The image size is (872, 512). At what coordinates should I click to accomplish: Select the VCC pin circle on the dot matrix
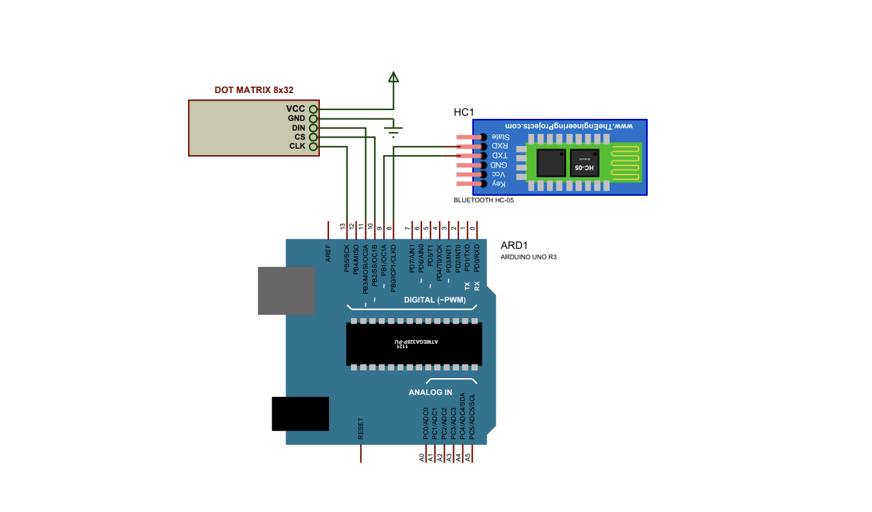[x=314, y=109]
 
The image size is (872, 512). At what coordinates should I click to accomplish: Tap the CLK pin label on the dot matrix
[x=297, y=146]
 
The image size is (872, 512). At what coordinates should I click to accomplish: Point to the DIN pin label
[x=297, y=128]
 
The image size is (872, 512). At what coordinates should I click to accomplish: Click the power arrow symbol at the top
[x=393, y=77]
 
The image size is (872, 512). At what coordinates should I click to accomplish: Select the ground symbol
[x=393, y=132]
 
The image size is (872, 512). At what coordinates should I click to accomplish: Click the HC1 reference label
[x=463, y=112]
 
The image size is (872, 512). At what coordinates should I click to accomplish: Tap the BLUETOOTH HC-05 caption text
[x=484, y=200]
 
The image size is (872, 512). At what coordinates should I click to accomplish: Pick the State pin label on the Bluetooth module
[x=500, y=137]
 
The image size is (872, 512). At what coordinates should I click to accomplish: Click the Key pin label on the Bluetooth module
[x=498, y=184]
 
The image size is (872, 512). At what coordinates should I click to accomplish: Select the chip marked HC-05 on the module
[x=584, y=163]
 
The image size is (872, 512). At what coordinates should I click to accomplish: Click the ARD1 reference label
[x=514, y=246]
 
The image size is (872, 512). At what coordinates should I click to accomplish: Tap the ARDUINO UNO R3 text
[x=528, y=257]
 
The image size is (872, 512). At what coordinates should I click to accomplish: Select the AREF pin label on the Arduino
[x=328, y=253]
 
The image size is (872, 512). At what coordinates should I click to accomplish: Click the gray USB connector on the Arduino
[x=286, y=290]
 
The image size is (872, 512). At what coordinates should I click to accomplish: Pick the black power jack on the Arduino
[x=300, y=414]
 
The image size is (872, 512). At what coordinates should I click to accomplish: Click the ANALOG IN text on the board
[x=430, y=392]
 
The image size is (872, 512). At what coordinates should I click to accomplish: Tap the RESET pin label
[x=361, y=429]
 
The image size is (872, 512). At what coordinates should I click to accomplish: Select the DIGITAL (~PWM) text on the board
[x=434, y=300]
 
